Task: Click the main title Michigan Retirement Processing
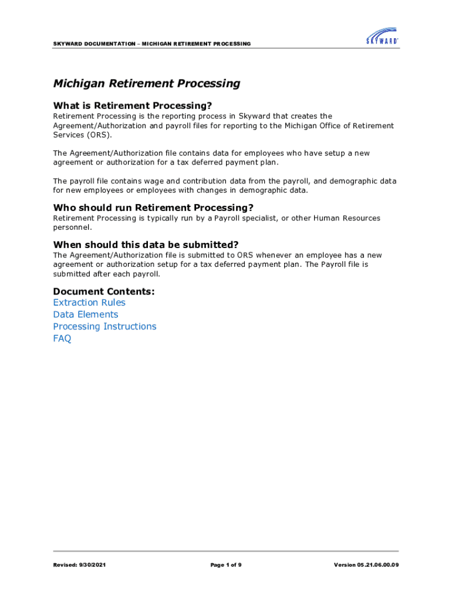(x=147, y=83)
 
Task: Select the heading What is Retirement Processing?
(x=132, y=106)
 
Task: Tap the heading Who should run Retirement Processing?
(x=153, y=208)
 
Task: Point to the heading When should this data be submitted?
(x=146, y=245)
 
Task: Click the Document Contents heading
(x=104, y=292)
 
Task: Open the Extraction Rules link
(x=89, y=303)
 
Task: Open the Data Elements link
(x=86, y=315)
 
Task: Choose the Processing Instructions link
(x=104, y=326)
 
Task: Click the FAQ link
(x=62, y=339)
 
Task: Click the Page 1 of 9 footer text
(x=226, y=565)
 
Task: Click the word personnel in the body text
(x=72, y=227)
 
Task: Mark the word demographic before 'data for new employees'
(x=358, y=181)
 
